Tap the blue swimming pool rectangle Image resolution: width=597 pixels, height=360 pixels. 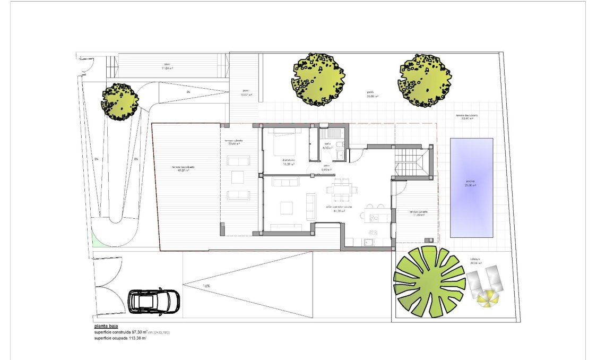tap(471, 187)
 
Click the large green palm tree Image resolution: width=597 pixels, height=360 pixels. tap(429, 281)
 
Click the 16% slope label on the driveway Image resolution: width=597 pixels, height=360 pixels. tap(206, 286)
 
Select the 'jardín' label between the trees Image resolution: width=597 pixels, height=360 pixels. tap(370, 94)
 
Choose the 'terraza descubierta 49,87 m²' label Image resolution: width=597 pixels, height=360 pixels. tap(183, 169)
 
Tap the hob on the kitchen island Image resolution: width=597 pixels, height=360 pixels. tap(376, 216)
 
